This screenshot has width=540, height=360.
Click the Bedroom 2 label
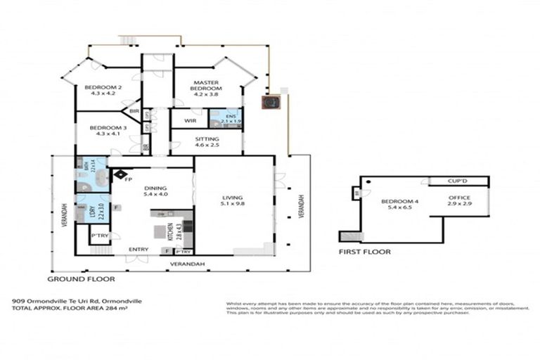click(103, 91)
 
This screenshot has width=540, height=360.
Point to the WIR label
click(189, 121)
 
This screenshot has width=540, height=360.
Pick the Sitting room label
click(207, 142)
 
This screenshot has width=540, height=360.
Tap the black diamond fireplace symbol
click(120, 173)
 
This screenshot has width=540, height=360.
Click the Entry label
click(138, 249)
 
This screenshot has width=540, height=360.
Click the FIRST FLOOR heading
click(364, 251)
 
